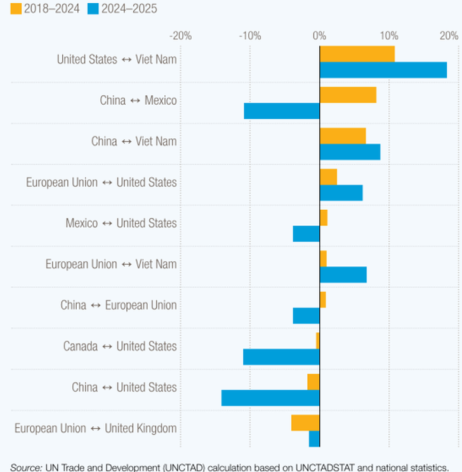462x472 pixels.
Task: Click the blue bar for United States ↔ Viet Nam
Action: [x=383, y=70]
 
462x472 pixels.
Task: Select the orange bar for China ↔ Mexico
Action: [x=348, y=95]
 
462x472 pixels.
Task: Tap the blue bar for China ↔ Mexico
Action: [x=282, y=111]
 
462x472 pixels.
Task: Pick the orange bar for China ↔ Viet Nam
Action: [x=343, y=136]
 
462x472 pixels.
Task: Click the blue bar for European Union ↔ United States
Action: [x=341, y=193]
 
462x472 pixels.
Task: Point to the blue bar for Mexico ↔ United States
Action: [x=307, y=234]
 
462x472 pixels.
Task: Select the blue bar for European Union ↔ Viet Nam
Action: [x=343, y=275]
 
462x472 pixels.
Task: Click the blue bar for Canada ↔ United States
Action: [x=281, y=357]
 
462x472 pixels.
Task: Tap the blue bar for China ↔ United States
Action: [x=270, y=398]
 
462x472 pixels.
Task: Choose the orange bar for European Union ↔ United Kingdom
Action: [x=305, y=422]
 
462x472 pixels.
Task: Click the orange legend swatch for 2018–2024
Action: [x=16, y=9]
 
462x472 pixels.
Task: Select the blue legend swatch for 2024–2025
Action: [x=93, y=9]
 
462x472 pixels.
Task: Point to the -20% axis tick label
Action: [x=181, y=35]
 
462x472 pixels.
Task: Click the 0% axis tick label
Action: [x=319, y=35]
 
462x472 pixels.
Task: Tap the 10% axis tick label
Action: [x=388, y=35]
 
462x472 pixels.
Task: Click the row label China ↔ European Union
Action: [x=119, y=306]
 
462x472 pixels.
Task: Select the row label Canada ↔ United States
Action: [x=120, y=346]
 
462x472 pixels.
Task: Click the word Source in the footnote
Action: [x=26, y=467]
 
